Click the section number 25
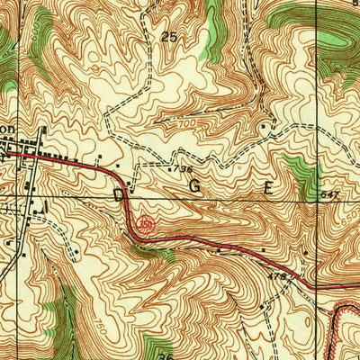(167, 37)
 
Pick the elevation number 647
(328, 193)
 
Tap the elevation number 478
(276, 278)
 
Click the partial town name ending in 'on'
(7, 130)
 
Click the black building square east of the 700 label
(260, 127)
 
